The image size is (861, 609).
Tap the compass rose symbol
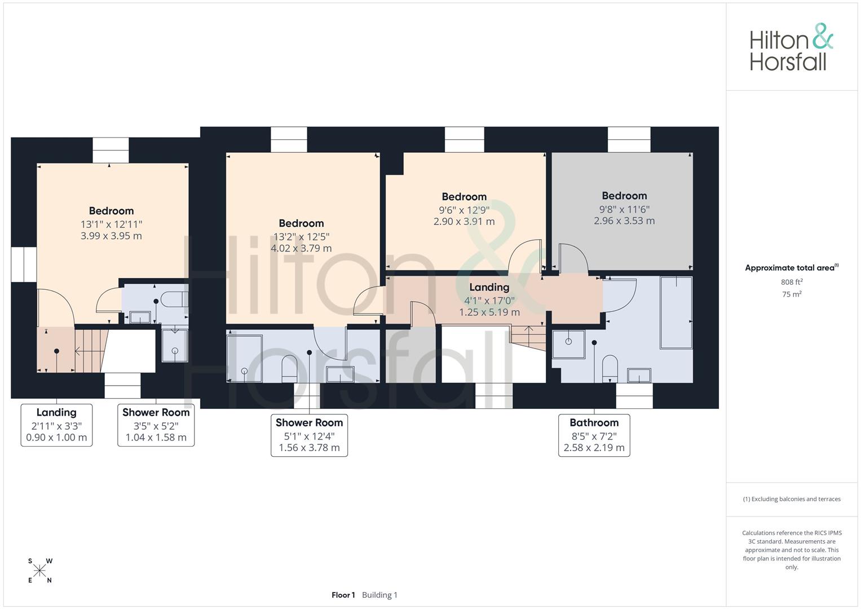coord(39,571)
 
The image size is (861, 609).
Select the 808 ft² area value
coord(792,282)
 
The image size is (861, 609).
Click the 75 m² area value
coord(792,294)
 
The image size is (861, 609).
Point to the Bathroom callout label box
coord(594,435)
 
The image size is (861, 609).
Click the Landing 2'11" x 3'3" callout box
coord(56,425)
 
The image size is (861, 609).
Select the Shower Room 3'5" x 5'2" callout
coord(156,425)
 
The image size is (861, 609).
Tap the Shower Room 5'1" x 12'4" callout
coord(309,435)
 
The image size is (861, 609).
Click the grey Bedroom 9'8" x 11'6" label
coord(624,208)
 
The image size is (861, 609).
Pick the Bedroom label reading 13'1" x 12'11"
coord(111,223)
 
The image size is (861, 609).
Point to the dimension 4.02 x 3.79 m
coord(301,248)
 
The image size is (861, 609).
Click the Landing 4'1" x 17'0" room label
coord(489,299)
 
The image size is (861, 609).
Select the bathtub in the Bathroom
coord(676,312)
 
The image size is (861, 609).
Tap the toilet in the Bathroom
coord(610,368)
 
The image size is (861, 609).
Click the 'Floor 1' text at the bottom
coord(343,595)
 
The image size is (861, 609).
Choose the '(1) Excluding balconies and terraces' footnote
coord(792,499)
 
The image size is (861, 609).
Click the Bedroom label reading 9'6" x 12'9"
coord(464,209)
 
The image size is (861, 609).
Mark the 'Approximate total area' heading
coord(792,268)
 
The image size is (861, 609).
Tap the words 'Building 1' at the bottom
coord(379,595)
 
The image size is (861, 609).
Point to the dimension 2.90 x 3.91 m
coord(464,222)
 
